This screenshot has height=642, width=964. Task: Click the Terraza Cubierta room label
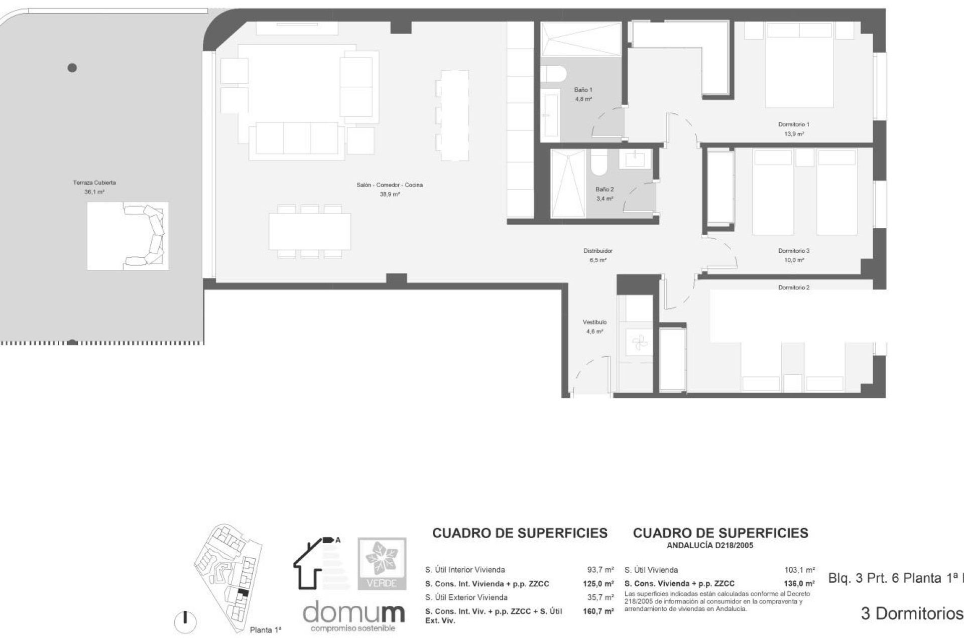pyautogui.click(x=94, y=183)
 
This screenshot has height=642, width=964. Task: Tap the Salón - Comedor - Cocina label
pyautogui.click(x=390, y=185)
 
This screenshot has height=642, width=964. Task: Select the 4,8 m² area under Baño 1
pyautogui.click(x=583, y=99)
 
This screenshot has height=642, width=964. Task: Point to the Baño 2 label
pyautogui.click(x=605, y=189)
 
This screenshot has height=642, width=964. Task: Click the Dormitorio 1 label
pyautogui.click(x=794, y=124)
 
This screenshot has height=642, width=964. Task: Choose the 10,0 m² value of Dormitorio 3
pyautogui.click(x=794, y=260)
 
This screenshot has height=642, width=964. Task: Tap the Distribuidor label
pyautogui.click(x=597, y=251)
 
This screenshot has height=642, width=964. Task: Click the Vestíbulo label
pyautogui.click(x=594, y=322)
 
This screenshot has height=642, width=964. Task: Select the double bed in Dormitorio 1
pyautogui.click(x=799, y=65)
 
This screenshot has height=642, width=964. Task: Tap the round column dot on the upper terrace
pyautogui.click(x=72, y=68)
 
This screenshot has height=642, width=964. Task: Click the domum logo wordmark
pyautogui.click(x=353, y=612)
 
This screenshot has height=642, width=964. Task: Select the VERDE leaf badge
pyautogui.click(x=382, y=563)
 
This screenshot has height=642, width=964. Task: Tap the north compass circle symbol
pyautogui.click(x=185, y=622)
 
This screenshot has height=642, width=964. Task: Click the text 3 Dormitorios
pyautogui.click(x=912, y=613)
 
